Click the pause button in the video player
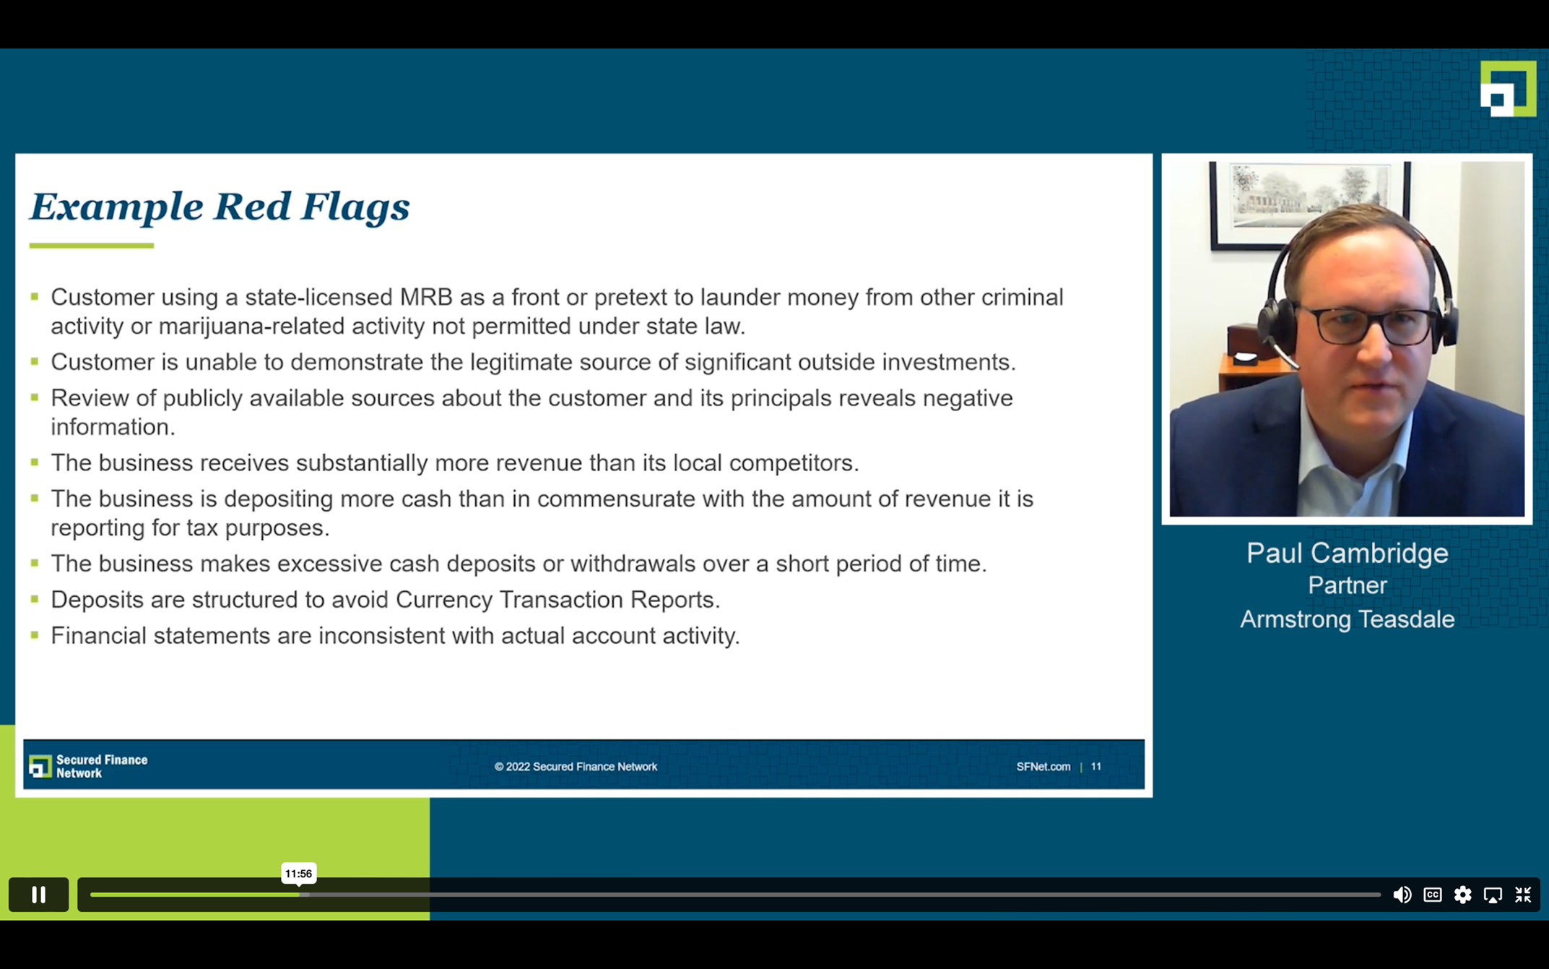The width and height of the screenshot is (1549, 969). pos(38,895)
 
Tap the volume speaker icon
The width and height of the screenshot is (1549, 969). pos(1402,895)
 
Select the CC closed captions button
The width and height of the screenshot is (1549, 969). pos(1433,895)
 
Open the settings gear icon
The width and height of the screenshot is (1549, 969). pos(1462,895)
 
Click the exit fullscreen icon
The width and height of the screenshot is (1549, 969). pos(1523,895)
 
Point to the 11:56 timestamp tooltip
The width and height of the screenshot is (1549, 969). pos(298,874)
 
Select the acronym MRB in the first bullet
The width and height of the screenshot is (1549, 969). pos(426,297)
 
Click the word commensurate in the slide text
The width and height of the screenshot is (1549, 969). pos(615,499)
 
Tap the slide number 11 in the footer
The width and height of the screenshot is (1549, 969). pos(1096,767)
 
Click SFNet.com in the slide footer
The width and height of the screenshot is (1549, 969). pos(1043,767)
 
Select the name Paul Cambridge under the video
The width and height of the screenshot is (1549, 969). pos(1347,554)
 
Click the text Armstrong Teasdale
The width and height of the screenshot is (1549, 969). pos(1347,619)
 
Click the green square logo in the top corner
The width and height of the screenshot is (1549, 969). pos(1508,88)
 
